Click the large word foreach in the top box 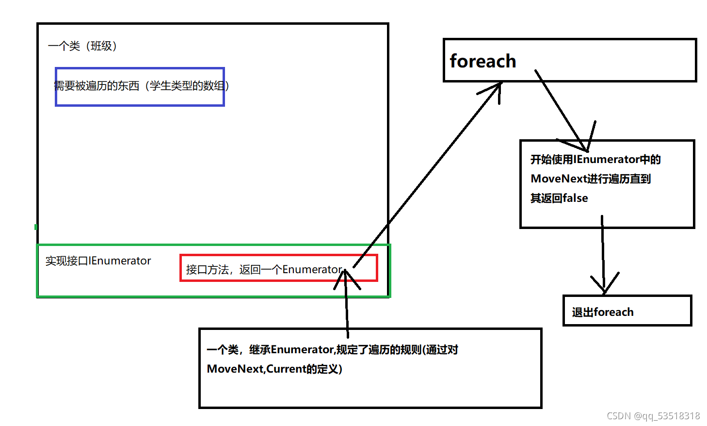coord(482,62)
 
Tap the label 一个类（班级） coord(82,46)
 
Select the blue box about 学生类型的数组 coord(140,86)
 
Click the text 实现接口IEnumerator coord(98,261)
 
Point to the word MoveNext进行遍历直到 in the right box coord(591,179)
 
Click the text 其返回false coord(559,198)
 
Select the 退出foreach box coord(627,311)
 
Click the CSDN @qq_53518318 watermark coord(653,416)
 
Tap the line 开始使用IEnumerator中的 coord(595,160)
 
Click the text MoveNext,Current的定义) coord(274,369)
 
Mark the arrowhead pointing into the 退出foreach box coord(604,286)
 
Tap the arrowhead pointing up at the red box coord(346,277)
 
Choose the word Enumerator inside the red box coord(312,270)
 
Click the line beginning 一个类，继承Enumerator coord(332,350)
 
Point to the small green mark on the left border coord(36,227)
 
